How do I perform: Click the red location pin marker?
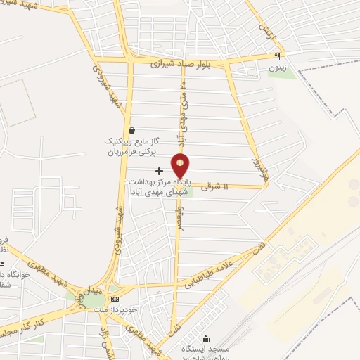pyautogui.click(x=181, y=166)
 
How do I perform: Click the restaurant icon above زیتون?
pyautogui.click(x=277, y=57)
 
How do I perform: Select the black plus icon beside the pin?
pyautogui.click(x=159, y=171)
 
